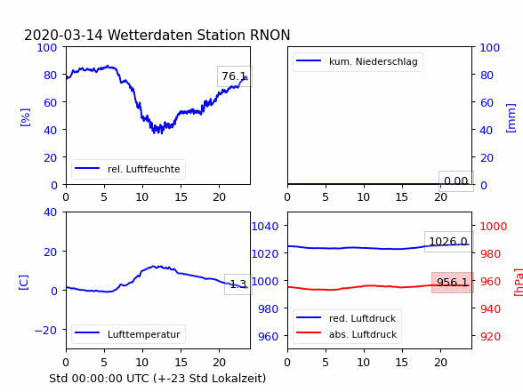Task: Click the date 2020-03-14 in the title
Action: pos(63,35)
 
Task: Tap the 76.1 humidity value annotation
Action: pos(235,76)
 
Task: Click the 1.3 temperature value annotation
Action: pos(238,284)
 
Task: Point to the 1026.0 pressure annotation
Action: pos(448,242)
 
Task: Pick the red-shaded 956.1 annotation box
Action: pos(453,283)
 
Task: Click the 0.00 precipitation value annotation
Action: pos(456,181)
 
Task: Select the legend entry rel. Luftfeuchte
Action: pos(128,169)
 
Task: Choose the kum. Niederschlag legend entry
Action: pos(358,61)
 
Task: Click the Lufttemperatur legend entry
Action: pos(128,334)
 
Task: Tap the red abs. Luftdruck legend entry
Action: pos(347,334)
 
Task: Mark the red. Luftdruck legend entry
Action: pos(347,318)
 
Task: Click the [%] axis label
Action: pos(25,117)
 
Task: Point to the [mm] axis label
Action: pos(511,118)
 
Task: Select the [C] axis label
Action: pos(23,282)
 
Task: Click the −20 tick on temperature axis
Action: pos(45,330)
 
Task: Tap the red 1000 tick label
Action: pos(494,227)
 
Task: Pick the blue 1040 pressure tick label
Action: pos(264,227)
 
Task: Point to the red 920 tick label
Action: pos(490,336)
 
